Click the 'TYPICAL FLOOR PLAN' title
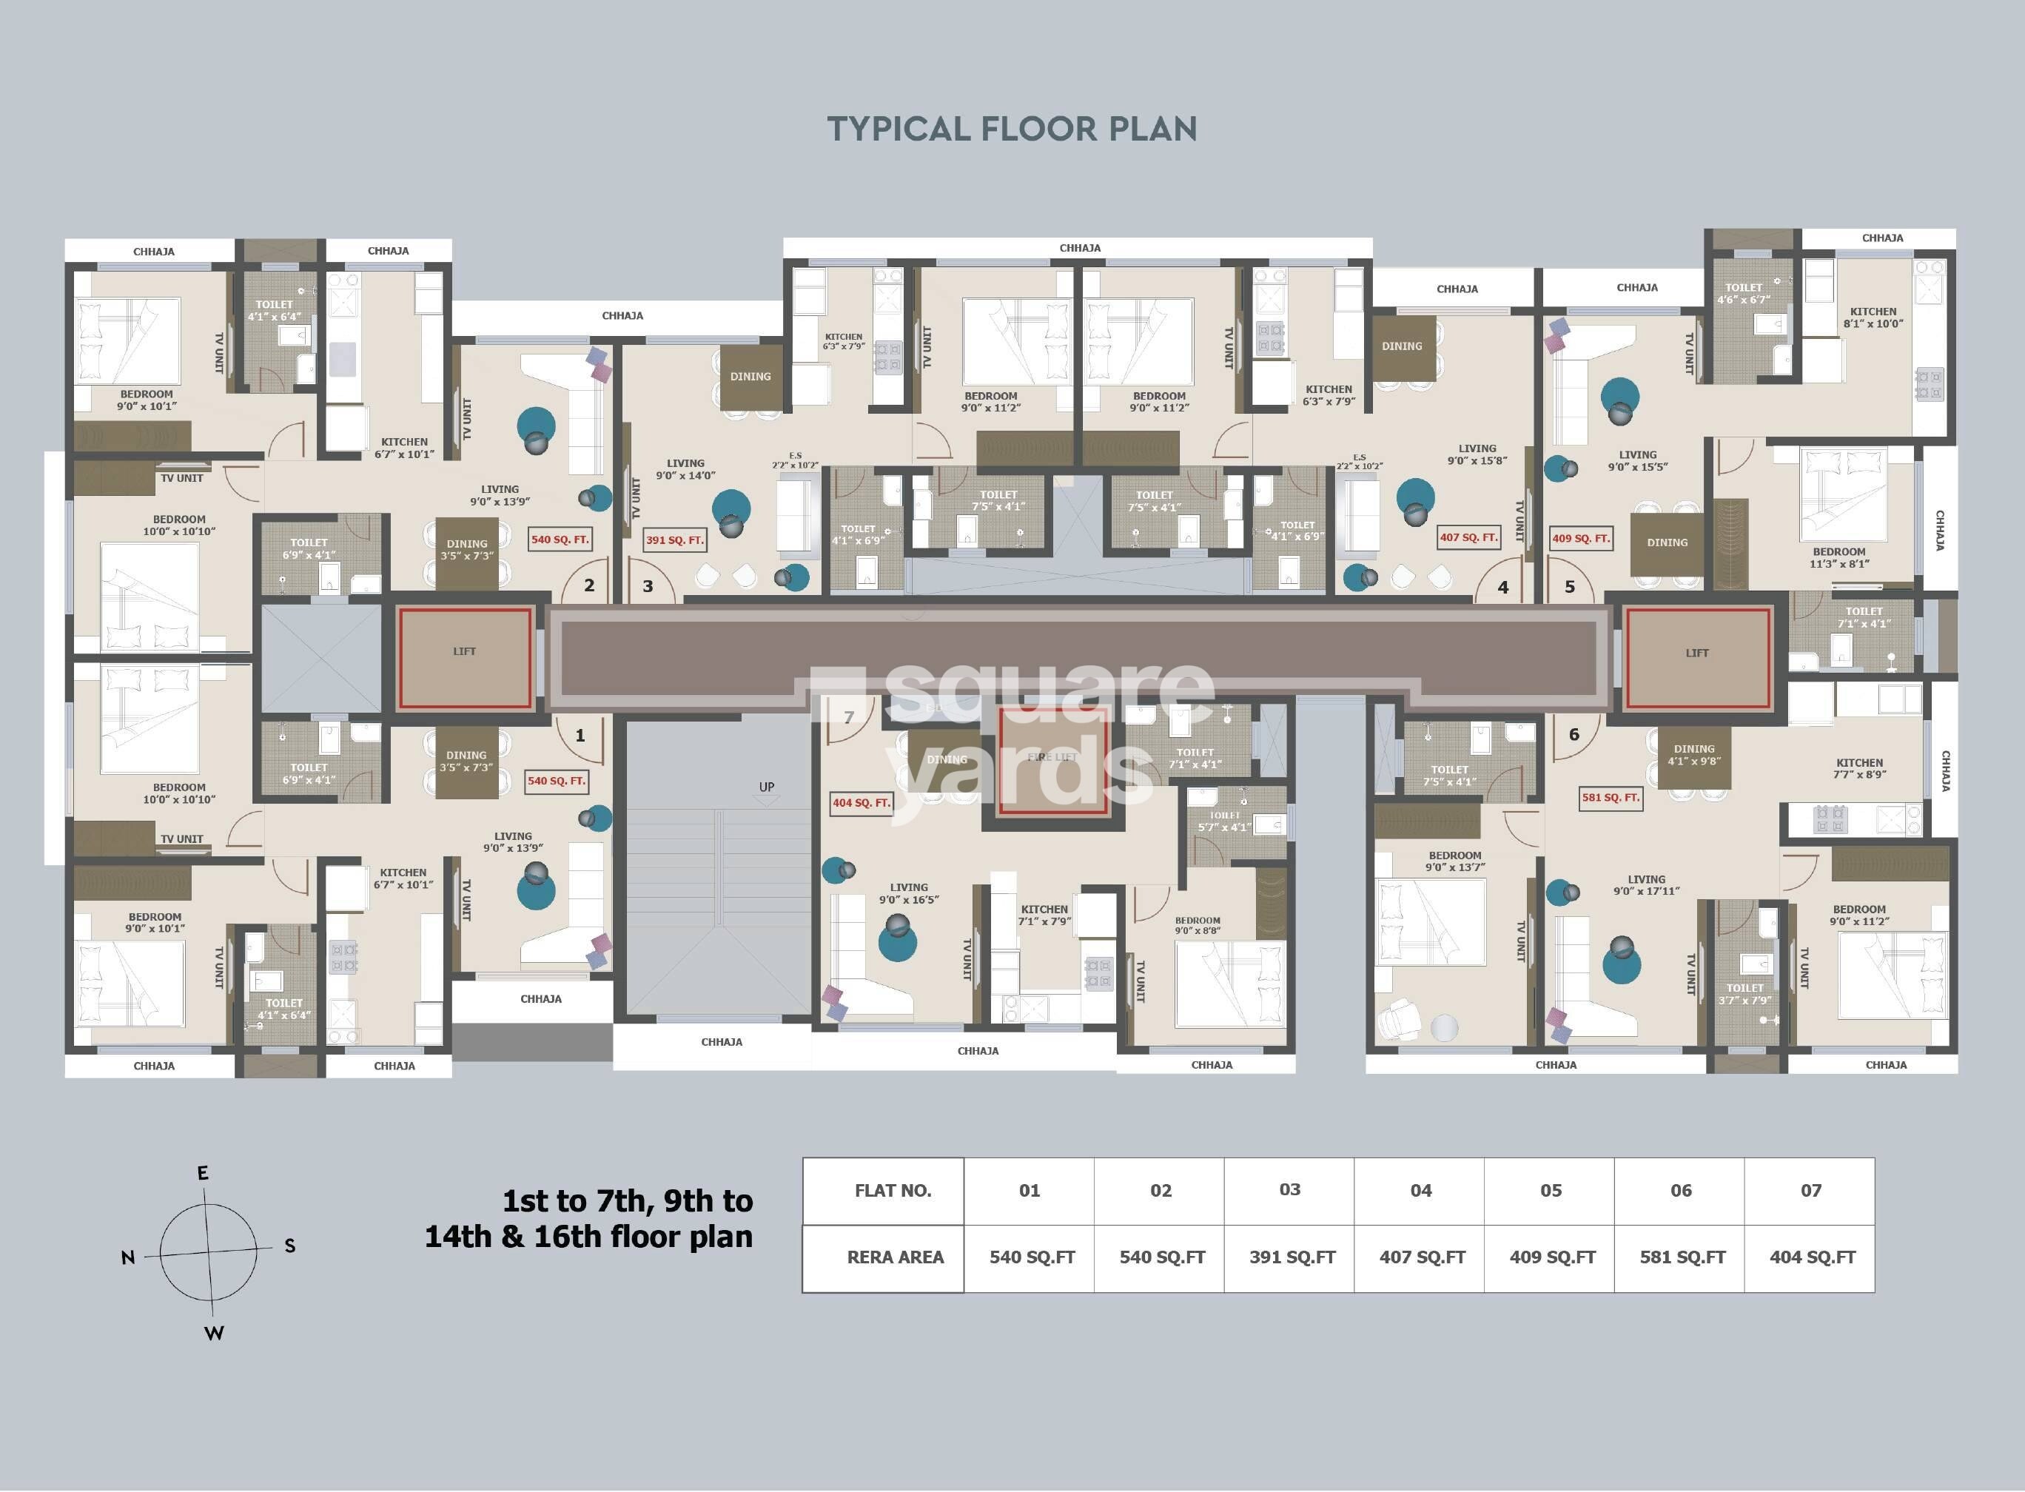[1012, 130]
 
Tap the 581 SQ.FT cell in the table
[1682, 1257]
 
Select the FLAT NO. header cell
[893, 1190]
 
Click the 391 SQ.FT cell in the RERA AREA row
[1292, 1257]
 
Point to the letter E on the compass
[204, 1173]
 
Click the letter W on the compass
[213, 1333]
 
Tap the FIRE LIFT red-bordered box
[1053, 761]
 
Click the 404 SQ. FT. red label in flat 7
[861, 802]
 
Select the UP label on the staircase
[766, 787]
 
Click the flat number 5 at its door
[1570, 587]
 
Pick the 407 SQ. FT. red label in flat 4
[1468, 537]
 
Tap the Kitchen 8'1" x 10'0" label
[1873, 317]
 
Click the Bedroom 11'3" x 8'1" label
[1838, 557]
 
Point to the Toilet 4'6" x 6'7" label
[1743, 294]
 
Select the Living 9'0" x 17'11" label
[1645, 885]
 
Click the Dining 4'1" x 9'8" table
[1693, 755]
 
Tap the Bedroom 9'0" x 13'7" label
[1454, 861]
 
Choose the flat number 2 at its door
[589, 585]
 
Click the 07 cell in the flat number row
[1810, 1190]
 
